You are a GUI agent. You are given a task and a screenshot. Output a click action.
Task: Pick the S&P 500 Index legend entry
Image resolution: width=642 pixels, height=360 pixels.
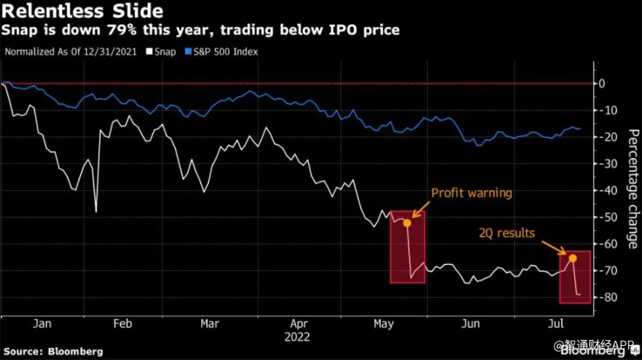[x=227, y=51]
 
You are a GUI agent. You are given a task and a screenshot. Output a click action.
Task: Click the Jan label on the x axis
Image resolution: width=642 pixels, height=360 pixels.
[x=42, y=324]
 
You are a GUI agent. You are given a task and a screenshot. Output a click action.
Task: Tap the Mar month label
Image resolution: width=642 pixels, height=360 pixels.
[x=210, y=324]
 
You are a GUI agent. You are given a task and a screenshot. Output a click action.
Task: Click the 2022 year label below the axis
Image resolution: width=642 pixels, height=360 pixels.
[x=298, y=336]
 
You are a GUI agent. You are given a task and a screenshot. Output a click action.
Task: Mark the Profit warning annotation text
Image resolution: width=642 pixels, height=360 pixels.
[x=471, y=193]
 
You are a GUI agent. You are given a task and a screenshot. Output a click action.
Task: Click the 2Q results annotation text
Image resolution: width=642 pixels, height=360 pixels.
[x=506, y=233]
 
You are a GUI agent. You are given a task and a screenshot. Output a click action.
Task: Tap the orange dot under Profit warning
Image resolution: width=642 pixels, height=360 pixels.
[x=407, y=223]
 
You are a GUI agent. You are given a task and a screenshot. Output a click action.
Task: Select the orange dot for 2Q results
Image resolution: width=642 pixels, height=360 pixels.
[x=573, y=258]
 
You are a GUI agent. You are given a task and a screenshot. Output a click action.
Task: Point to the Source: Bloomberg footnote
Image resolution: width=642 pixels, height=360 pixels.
[x=53, y=351]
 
